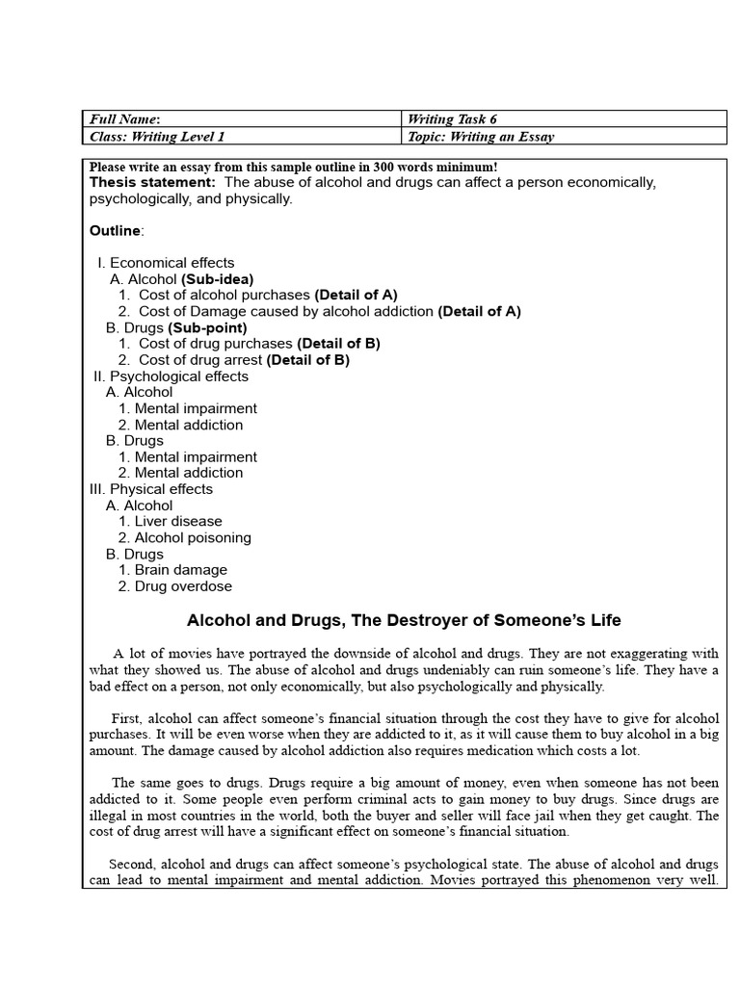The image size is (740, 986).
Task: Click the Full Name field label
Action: (x=119, y=119)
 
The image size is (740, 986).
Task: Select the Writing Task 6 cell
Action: (x=453, y=119)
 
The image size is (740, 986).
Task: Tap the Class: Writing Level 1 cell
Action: (x=157, y=137)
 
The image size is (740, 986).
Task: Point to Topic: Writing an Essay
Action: (x=481, y=137)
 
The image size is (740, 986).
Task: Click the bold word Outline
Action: (x=116, y=231)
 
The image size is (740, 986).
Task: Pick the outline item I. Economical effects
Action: (x=166, y=263)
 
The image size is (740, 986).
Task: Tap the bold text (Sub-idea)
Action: (x=218, y=279)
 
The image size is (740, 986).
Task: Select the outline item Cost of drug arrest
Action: (x=200, y=360)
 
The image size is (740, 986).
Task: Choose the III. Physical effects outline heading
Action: (x=151, y=489)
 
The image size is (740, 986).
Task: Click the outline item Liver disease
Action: (x=178, y=522)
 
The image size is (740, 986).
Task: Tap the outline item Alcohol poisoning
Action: (x=193, y=538)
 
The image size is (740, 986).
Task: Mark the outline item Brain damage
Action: (x=181, y=570)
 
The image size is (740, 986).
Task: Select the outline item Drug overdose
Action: (x=183, y=586)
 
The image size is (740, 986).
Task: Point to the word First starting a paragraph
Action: (x=125, y=718)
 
